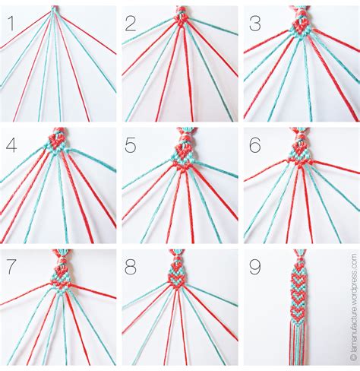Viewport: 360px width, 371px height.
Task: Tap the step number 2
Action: [x=131, y=24]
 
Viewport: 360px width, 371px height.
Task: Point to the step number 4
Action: [x=11, y=144]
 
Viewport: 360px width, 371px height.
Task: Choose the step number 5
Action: [x=131, y=144]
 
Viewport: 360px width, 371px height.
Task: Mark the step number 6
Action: [x=254, y=144]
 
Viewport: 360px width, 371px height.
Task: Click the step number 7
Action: [x=11, y=266]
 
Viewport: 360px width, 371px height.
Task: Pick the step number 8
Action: [x=131, y=266]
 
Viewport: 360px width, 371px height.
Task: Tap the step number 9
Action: [x=254, y=266]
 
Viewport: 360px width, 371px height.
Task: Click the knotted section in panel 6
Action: [x=299, y=149]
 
